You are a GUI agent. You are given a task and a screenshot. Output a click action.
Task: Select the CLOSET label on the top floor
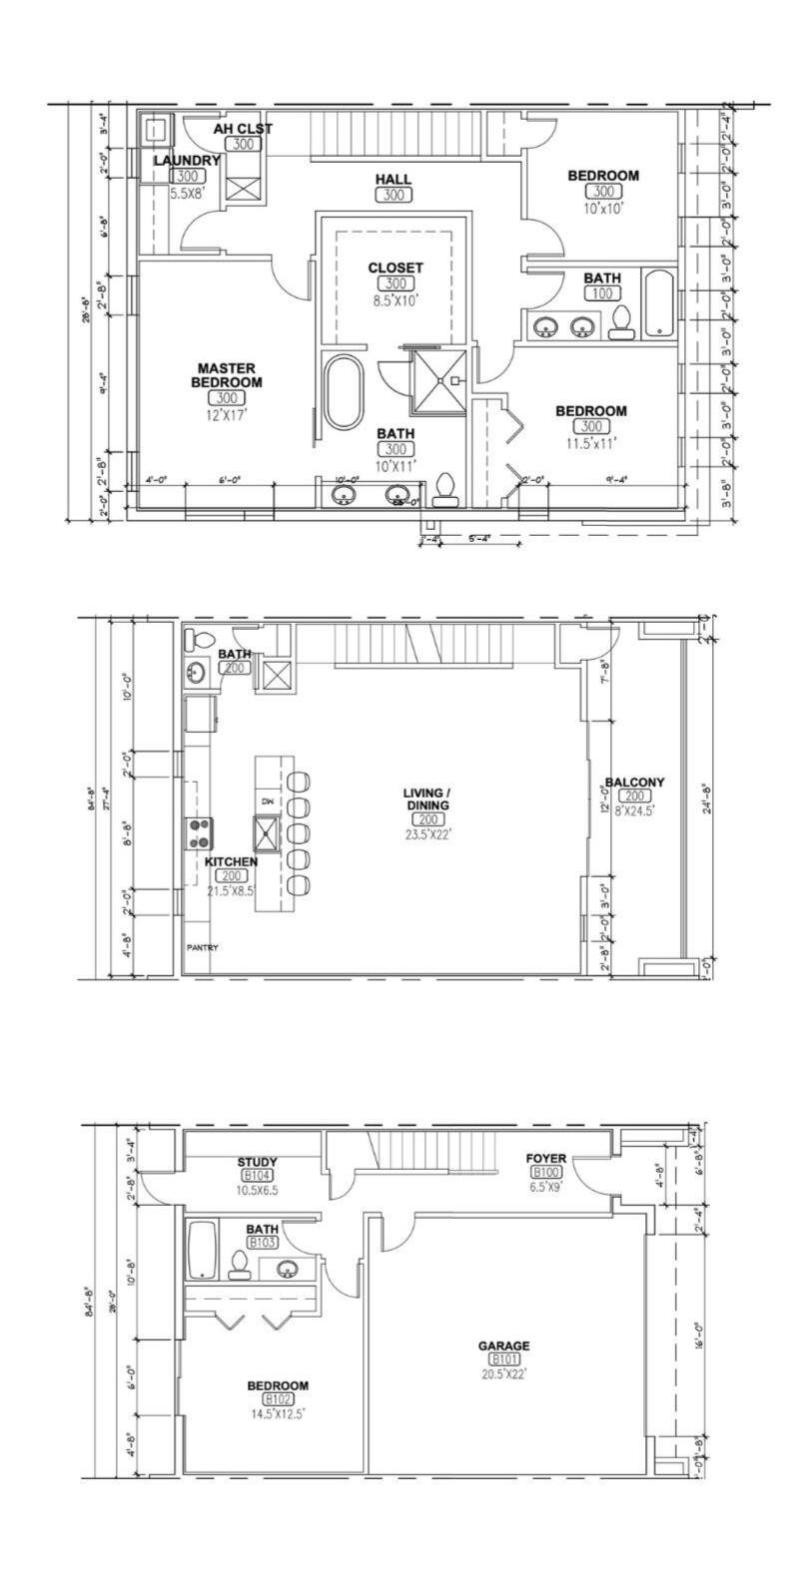(396, 267)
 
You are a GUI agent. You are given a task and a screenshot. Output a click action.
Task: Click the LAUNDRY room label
(187, 161)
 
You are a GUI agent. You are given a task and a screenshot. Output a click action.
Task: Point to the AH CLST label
(243, 129)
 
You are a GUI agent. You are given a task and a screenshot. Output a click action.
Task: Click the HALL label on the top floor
(394, 179)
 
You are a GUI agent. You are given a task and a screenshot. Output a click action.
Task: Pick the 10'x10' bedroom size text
(603, 209)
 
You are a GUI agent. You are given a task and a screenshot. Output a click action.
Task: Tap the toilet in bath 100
(622, 321)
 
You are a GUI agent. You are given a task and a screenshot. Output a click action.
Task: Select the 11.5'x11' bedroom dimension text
(591, 443)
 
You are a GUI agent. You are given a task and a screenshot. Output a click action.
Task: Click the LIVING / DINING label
(426, 798)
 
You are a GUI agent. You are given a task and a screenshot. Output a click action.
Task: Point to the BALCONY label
(634, 782)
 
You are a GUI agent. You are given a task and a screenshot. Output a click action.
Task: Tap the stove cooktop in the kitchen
(200, 827)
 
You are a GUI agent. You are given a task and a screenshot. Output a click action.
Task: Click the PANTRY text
(203, 947)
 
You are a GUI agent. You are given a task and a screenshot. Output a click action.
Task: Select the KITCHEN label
(231, 861)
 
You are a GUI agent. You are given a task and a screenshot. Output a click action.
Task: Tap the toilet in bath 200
(203, 640)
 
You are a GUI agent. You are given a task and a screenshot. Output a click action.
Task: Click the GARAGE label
(503, 1345)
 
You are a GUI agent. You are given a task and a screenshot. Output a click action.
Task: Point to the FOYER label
(546, 1159)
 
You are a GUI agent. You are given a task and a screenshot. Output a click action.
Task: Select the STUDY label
(257, 1163)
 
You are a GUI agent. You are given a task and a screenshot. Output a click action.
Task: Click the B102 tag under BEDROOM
(278, 1399)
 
